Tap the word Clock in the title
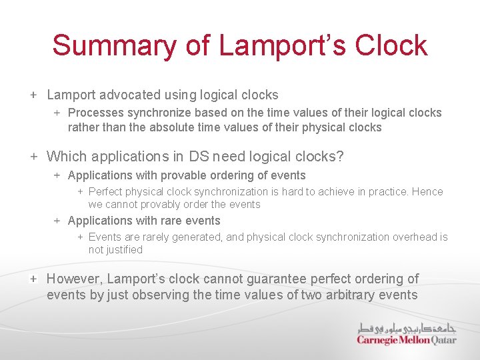[x=391, y=45]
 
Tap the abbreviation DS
[x=199, y=157]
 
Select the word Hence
[x=427, y=192]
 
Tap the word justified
[x=125, y=249]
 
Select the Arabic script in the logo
[x=405, y=328]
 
